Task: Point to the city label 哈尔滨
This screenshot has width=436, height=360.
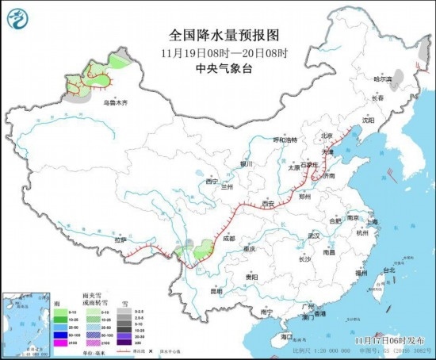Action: [383, 79]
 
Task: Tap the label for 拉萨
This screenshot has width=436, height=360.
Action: [120, 239]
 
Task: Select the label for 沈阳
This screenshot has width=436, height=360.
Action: [367, 121]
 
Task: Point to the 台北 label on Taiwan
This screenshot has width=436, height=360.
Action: [388, 270]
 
